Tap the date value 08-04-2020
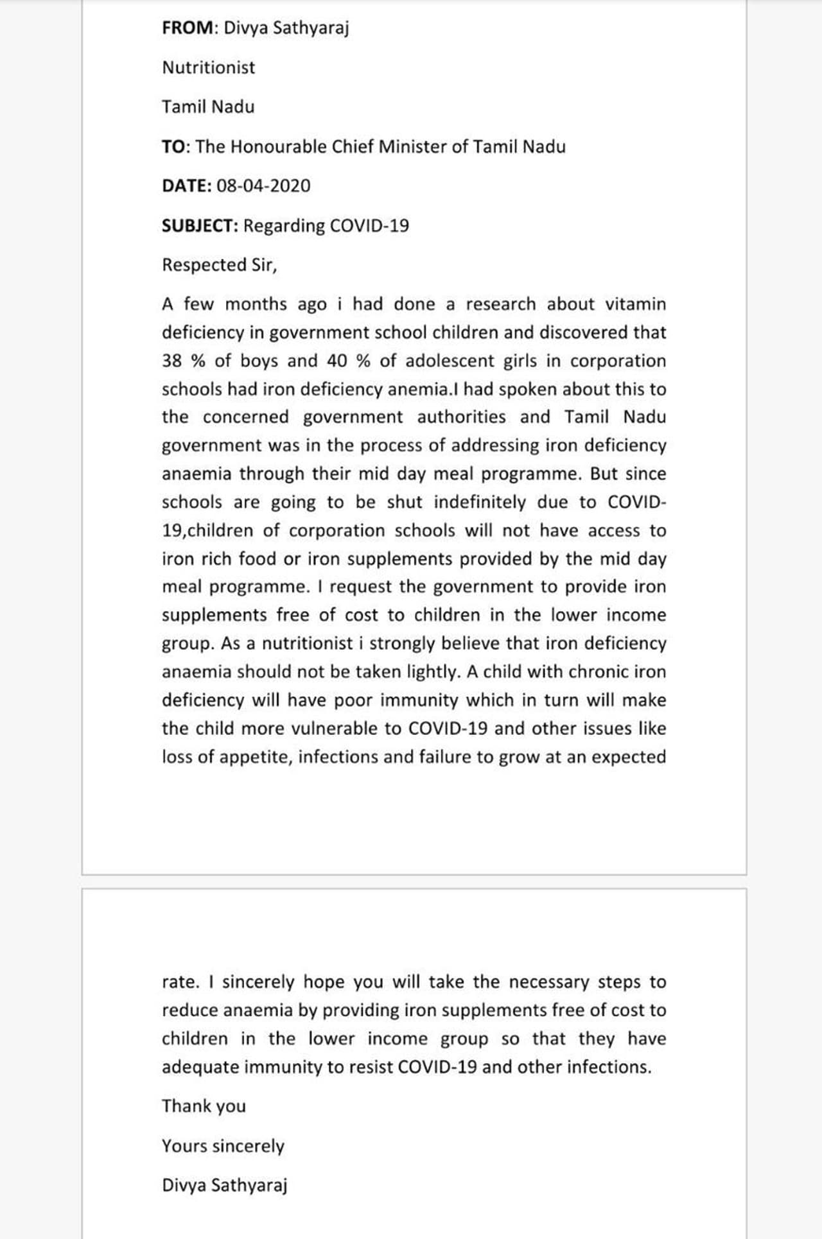tap(263, 186)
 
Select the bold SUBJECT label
tap(200, 226)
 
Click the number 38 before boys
tap(171, 361)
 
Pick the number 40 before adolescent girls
tap(337, 361)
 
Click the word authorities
tap(461, 417)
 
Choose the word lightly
tap(433, 672)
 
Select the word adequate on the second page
tap(200, 1067)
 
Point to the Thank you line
tap(204, 1106)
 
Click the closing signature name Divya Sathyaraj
tap(224, 1185)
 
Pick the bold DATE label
tap(186, 186)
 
